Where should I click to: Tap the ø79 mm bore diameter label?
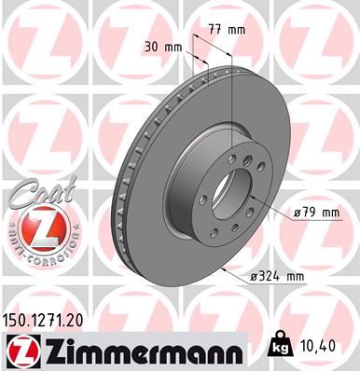[314, 213]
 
